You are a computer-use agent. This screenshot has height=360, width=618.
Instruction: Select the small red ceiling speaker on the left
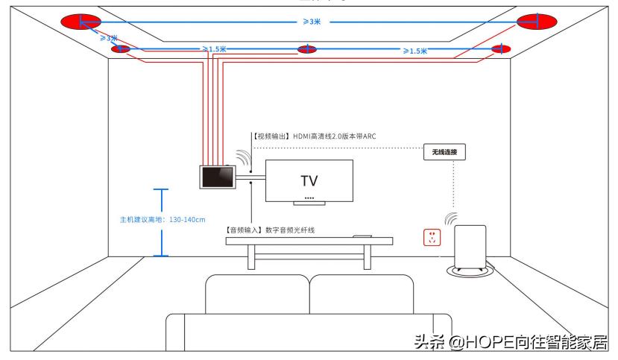tap(121, 49)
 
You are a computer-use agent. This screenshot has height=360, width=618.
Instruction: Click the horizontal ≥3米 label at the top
tap(311, 22)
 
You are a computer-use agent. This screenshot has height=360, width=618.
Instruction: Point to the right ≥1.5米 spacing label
tap(414, 51)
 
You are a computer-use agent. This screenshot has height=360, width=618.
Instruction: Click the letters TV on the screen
tap(309, 181)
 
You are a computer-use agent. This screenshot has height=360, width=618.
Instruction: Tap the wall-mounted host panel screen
tap(217, 177)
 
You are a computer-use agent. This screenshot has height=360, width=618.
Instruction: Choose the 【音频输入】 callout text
tap(269, 230)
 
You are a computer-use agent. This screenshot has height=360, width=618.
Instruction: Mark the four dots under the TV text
tap(309, 198)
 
